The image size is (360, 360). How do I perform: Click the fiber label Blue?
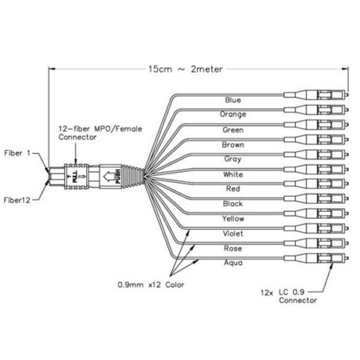pos(233,100)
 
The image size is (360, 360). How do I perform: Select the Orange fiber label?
pos(233,114)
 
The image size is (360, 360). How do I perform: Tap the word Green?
pos(233,129)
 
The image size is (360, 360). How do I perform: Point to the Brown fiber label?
pos(233,144)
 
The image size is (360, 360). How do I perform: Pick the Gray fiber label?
pos(233,159)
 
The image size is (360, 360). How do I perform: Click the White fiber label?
pos(233,174)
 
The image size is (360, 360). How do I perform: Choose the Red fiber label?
pos(233,189)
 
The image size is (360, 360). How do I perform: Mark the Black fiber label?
pos(233,204)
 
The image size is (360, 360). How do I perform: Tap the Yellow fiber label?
pos(233,218)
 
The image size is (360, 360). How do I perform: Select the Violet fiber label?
pos(233,233)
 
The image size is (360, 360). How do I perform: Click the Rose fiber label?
pos(233,248)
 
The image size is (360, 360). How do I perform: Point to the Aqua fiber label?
pos(233,263)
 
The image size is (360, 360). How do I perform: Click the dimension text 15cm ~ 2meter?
pos(185,69)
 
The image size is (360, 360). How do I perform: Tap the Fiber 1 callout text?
pos(19,153)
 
